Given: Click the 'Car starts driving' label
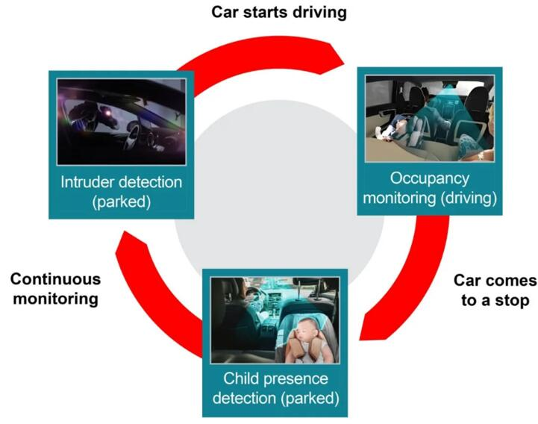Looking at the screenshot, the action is pyautogui.click(x=279, y=13).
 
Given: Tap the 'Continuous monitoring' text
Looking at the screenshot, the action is pyautogui.click(x=55, y=289).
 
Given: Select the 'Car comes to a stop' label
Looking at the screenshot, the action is pyautogui.click(x=495, y=290).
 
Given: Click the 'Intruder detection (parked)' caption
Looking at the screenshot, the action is pyautogui.click(x=122, y=192).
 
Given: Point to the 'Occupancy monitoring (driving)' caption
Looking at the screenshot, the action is pyautogui.click(x=430, y=188).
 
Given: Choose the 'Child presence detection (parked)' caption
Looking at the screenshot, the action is pyautogui.click(x=276, y=388).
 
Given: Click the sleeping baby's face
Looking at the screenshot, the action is pyautogui.click(x=307, y=330).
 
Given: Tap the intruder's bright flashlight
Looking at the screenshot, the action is pyautogui.click(x=107, y=112).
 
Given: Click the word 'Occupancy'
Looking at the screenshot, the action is pyautogui.click(x=430, y=178).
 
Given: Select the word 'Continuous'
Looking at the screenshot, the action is pyautogui.click(x=55, y=279).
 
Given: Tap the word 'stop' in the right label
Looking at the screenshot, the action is pyautogui.click(x=512, y=300).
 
